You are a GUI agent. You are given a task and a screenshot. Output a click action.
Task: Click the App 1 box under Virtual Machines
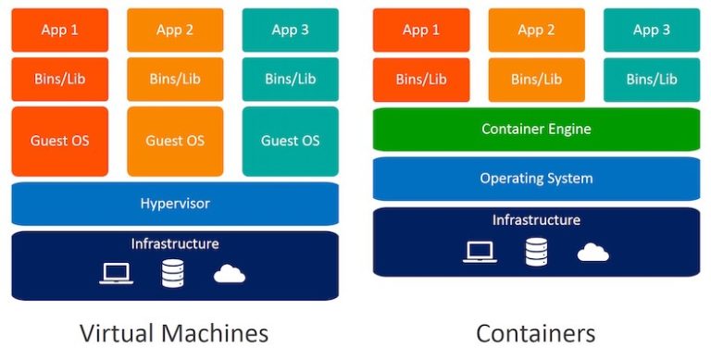59,30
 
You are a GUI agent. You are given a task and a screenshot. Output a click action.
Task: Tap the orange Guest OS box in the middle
175,141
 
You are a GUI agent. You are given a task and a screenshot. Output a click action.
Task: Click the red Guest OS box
59,141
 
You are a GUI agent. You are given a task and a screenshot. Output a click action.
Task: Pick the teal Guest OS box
290,141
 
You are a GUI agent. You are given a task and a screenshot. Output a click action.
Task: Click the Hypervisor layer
175,204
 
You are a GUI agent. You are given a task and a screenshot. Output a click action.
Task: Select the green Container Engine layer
536,130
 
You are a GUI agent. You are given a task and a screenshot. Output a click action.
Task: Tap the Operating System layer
536,179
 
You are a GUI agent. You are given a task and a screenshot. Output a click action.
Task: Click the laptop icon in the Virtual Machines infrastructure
117,273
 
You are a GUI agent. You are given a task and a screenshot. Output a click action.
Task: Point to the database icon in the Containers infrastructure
536,251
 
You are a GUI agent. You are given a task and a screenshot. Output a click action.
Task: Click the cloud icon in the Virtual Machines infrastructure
229,273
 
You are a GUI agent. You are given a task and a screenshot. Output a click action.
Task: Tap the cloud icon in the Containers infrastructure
592,252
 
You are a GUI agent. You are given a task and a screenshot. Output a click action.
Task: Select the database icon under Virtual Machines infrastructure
172,273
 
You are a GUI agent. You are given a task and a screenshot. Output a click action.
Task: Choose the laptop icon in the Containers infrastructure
480,251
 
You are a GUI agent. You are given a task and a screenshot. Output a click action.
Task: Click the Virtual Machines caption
174,333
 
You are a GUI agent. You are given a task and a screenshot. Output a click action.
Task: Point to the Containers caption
535,333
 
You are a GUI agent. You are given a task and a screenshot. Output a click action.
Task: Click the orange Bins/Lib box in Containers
536,79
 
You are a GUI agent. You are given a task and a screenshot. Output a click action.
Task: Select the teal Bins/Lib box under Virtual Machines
290,79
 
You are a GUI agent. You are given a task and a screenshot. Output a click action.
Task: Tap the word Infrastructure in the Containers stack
536,220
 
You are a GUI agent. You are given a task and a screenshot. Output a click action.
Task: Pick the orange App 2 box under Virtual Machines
175,30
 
